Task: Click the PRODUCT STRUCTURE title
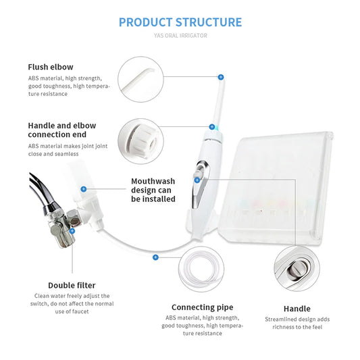[180, 22]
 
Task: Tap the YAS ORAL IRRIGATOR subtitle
[180, 36]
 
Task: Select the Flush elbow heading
[51, 67]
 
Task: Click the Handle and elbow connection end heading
[62, 130]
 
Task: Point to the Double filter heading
[72, 285]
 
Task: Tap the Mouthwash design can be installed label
[153, 190]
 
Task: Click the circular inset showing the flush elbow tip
[140, 79]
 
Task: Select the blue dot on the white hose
[156, 257]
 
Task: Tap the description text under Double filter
[72, 303]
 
